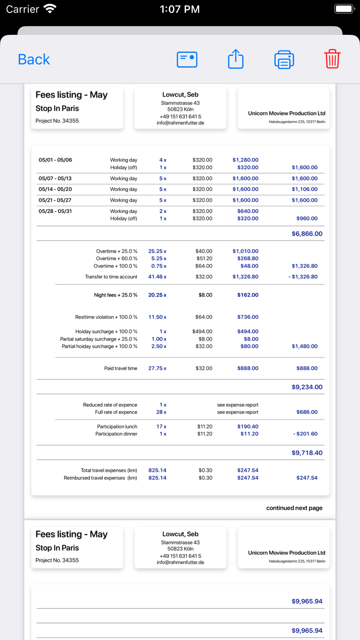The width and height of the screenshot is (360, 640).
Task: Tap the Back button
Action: pos(34,59)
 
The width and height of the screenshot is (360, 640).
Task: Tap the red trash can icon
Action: pos(332,59)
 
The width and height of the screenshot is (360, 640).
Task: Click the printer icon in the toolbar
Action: pos(284,59)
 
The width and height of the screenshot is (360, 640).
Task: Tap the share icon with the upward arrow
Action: pos(236,59)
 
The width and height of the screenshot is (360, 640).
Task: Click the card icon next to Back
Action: pos(187,59)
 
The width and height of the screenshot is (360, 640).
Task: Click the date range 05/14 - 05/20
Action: pos(55,189)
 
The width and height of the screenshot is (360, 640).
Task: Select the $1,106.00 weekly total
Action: pos(305,189)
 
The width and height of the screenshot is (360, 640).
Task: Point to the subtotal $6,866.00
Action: pos(307,234)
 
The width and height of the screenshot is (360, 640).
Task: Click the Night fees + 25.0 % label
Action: pos(116,295)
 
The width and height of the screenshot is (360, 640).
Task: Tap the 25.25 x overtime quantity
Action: pos(157,251)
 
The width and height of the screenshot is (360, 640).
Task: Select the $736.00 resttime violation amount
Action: pos(248,317)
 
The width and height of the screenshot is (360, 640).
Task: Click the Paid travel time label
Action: pos(121,369)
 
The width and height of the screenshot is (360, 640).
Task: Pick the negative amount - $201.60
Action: pos(305,434)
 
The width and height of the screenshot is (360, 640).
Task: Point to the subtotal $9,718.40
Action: pos(307,453)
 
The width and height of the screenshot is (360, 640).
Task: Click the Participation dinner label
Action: pos(116,434)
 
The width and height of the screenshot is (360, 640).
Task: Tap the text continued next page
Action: pos(294,508)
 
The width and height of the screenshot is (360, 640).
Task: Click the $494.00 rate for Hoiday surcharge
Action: pos(202,332)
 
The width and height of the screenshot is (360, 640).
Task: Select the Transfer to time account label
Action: pos(111,277)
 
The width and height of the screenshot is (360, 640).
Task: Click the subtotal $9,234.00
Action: pos(307,387)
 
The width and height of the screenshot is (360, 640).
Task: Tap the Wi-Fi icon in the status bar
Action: pos(50,9)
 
